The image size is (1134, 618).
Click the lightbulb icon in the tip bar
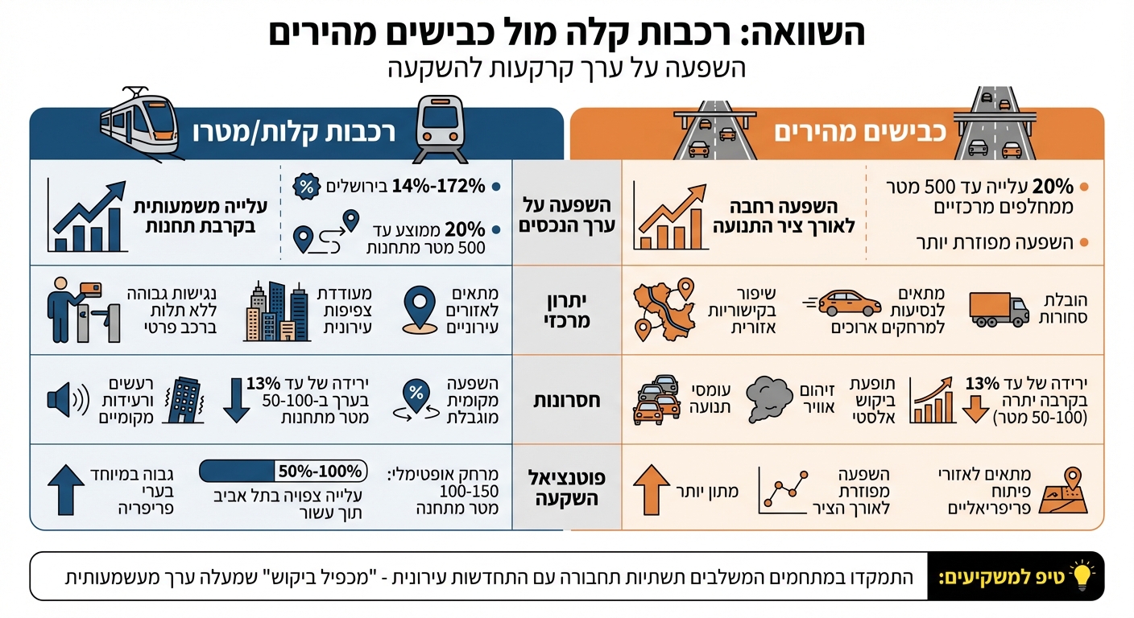(x=1081, y=576)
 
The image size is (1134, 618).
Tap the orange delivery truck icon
(x=999, y=309)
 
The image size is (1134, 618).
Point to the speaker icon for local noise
(x=66, y=400)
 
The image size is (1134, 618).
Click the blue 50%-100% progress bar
(x=283, y=471)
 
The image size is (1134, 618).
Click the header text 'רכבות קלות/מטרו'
(x=294, y=133)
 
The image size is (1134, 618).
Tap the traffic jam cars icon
(x=656, y=398)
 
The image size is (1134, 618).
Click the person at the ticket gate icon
(x=81, y=310)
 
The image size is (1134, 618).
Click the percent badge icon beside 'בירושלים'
(x=305, y=186)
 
